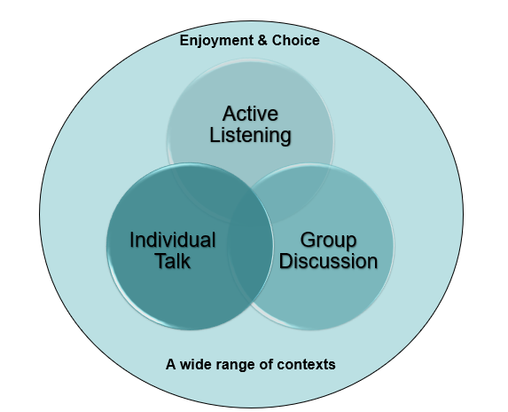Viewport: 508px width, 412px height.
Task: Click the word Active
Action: [250, 115]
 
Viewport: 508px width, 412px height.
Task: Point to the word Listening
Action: [250, 135]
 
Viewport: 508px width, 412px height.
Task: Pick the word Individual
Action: [173, 240]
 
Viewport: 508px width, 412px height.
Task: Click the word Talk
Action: [173, 261]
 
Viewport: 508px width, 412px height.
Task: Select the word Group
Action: [328, 240]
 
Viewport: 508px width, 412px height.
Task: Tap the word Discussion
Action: [328, 261]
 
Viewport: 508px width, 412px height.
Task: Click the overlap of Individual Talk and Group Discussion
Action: [251, 253]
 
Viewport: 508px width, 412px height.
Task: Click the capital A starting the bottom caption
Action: [170, 364]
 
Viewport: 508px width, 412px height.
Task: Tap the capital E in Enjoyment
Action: [184, 41]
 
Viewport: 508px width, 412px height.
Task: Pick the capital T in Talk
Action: [160, 261]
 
